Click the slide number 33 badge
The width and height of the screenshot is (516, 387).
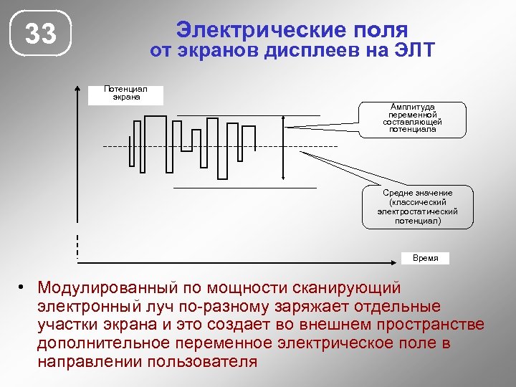41,34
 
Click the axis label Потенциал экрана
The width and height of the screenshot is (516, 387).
125,93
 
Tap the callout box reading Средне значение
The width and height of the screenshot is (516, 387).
417,207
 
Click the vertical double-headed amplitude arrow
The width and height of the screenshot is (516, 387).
285,147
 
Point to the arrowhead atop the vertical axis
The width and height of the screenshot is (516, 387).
77,90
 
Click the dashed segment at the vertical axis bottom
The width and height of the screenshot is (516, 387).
77,246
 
